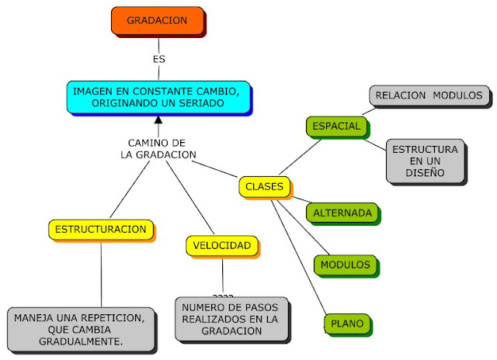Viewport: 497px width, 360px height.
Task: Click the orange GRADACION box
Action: (x=157, y=21)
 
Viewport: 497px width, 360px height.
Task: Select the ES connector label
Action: (x=158, y=58)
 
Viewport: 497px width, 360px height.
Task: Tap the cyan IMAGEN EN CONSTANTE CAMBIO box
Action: (x=158, y=97)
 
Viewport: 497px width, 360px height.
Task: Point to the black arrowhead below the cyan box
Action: (x=158, y=120)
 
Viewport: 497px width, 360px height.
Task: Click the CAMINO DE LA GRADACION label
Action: (x=157, y=149)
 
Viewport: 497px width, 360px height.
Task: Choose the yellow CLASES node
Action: (x=265, y=187)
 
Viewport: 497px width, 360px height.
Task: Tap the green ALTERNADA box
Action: (x=342, y=212)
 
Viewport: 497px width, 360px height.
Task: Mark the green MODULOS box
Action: (x=346, y=265)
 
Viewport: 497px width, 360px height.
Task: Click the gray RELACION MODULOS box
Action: (x=429, y=96)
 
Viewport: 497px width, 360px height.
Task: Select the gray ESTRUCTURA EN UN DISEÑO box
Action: (x=425, y=161)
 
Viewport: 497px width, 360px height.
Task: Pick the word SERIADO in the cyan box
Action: (x=204, y=103)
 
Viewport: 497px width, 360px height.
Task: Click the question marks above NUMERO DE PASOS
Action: (x=223, y=296)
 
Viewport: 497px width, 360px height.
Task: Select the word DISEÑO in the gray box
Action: (x=425, y=173)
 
